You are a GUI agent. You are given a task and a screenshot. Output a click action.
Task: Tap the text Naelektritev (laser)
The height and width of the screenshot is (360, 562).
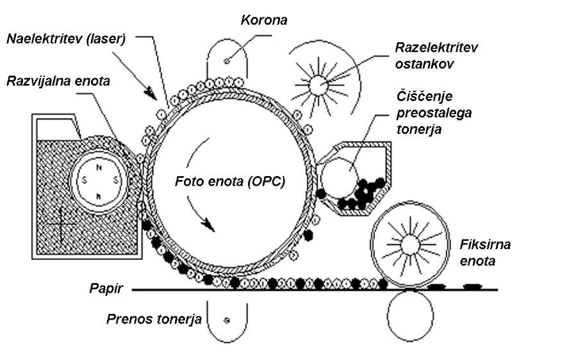click(65, 38)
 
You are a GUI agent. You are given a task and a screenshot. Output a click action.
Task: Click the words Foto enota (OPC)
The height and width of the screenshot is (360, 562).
click(230, 181)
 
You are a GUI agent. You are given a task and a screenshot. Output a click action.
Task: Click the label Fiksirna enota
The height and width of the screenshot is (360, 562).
click(484, 253)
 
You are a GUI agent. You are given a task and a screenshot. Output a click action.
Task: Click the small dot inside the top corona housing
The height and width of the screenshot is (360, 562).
click(227, 61)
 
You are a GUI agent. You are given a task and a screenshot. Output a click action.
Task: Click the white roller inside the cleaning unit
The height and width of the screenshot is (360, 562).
click(340, 177)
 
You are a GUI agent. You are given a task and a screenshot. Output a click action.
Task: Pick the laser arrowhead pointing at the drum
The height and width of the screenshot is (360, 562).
click(151, 94)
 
